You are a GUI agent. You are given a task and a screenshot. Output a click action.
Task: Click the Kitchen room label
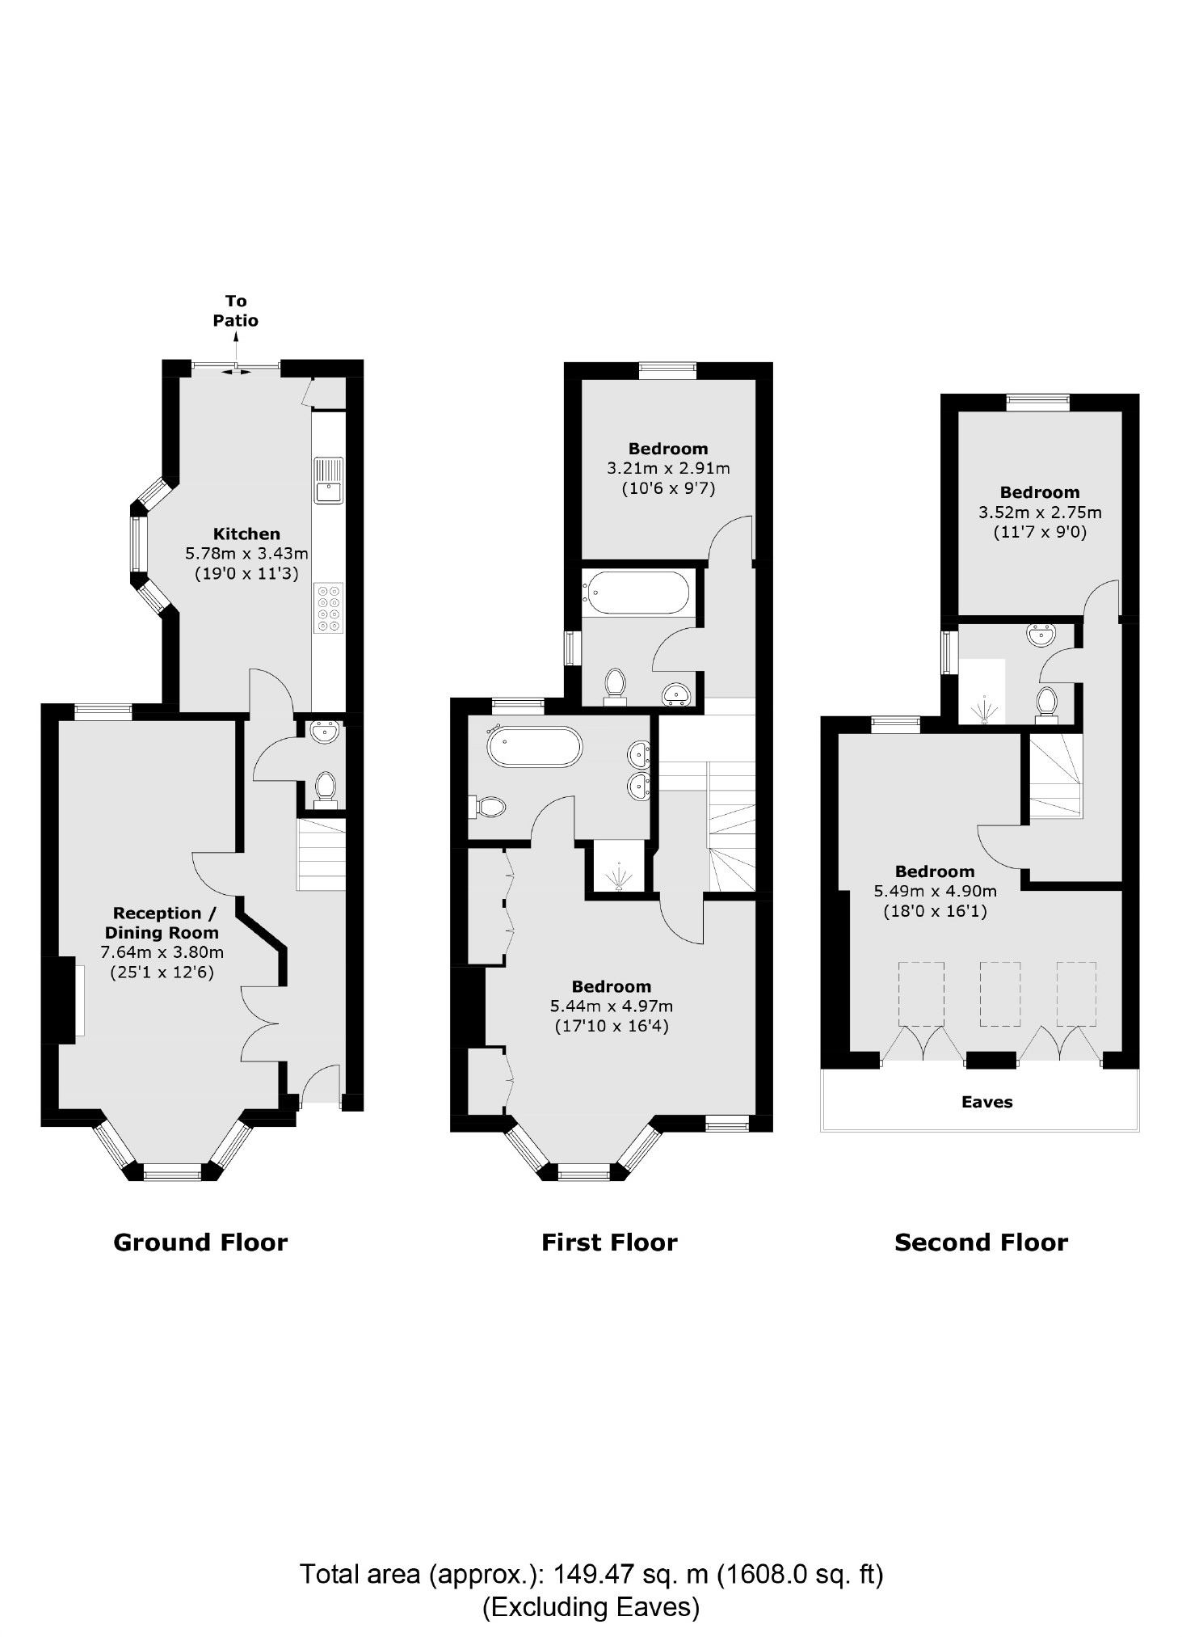click(246, 534)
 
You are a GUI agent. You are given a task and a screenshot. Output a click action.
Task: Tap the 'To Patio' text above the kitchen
click(235, 310)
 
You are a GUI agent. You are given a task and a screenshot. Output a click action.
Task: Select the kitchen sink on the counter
click(329, 481)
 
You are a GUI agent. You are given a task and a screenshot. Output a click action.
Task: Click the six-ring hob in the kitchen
click(330, 607)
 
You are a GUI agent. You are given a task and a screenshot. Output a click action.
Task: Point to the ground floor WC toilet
click(325, 788)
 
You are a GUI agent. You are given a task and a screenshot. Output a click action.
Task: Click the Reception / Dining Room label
click(165, 922)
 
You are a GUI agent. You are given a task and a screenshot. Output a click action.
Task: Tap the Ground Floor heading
click(200, 1243)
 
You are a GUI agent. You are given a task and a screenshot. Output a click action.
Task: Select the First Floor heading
click(609, 1243)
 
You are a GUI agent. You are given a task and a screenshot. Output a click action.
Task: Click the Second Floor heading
click(981, 1243)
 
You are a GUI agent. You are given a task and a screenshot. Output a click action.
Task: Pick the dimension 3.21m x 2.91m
click(668, 468)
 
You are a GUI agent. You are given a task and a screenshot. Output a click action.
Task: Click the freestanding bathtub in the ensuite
click(534, 748)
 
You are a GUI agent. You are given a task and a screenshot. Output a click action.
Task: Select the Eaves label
click(986, 1102)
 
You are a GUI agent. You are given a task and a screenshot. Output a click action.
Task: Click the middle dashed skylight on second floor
click(1000, 994)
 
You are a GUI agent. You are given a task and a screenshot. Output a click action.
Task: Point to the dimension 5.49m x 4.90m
click(935, 892)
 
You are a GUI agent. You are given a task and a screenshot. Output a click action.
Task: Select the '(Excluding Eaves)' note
click(591, 1607)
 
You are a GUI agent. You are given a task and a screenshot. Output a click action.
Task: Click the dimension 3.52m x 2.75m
click(1040, 513)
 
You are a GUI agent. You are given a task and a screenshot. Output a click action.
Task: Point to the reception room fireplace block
click(57, 1000)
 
